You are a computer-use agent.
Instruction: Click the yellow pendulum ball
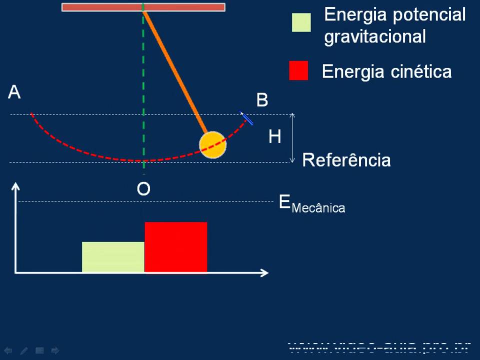212,144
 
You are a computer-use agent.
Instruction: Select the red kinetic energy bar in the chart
175,247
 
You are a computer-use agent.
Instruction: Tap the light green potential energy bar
113,257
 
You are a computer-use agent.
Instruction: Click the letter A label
14,92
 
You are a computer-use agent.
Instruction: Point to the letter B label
262,100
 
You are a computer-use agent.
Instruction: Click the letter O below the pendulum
143,189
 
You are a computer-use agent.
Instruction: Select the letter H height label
274,136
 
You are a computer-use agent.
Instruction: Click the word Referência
346,160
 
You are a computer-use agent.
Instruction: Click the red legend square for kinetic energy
298,71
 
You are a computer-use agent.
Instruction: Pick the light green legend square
301,22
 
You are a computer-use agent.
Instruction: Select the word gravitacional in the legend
375,36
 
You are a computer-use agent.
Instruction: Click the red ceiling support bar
143,7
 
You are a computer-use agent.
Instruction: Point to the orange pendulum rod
175,70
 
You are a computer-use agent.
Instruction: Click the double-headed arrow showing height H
292,138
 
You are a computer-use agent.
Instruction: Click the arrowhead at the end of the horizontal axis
264,272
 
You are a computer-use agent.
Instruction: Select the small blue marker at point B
246,118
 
